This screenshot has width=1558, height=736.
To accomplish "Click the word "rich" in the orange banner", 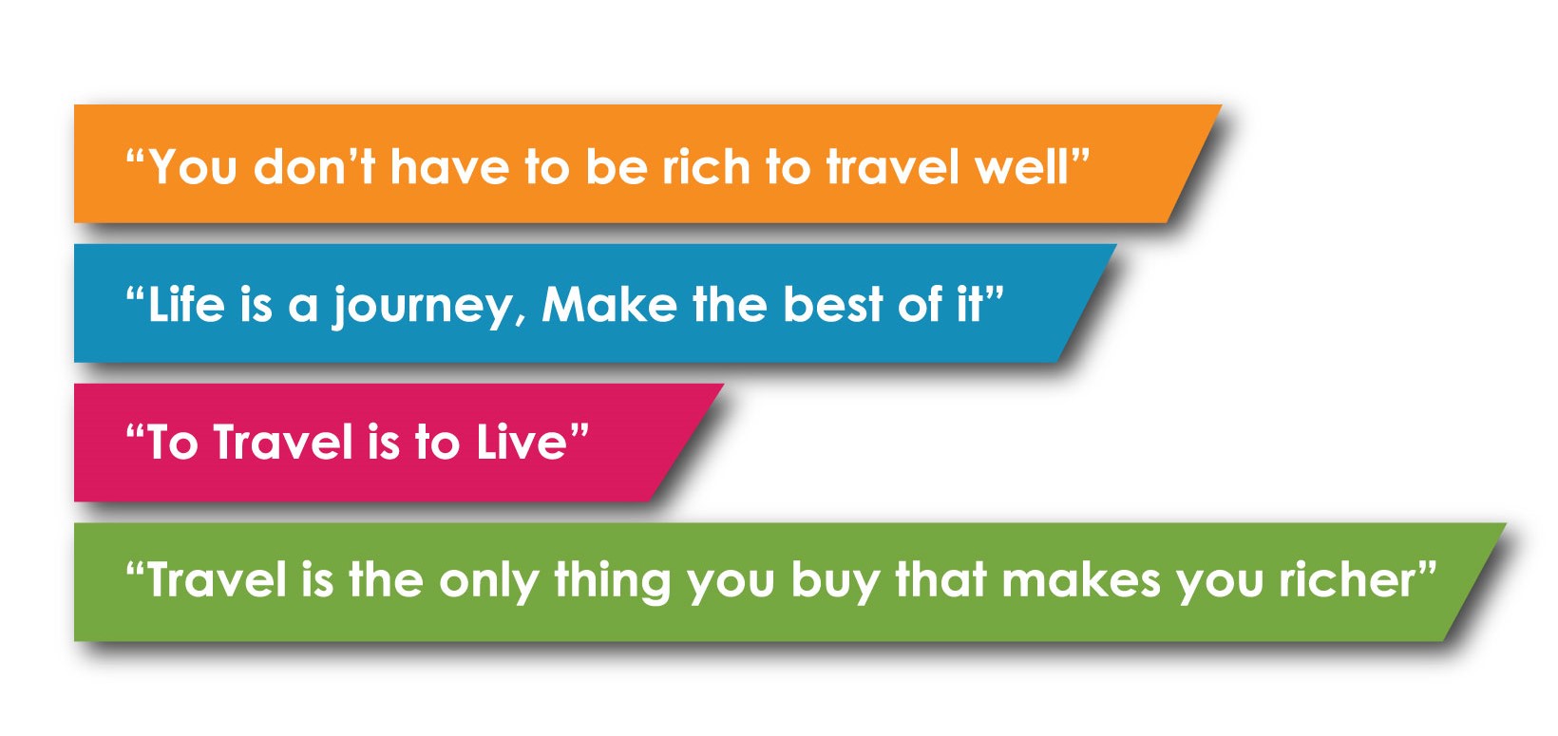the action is click(x=706, y=167).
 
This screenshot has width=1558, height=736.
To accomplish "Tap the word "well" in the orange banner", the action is click(x=1022, y=167).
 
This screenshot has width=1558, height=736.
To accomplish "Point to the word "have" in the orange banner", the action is click(x=449, y=167).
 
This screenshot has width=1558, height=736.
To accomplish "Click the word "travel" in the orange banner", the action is click(x=893, y=167).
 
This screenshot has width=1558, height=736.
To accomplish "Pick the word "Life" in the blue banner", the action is click(x=186, y=304).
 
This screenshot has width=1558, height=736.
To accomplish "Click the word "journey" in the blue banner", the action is click(x=423, y=307).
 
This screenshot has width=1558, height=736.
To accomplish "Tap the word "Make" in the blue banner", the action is click(x=609, y=304).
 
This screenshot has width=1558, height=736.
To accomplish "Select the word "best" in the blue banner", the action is click(x=832, y=304).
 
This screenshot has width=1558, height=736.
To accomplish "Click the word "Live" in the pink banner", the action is click(x=522, y=442).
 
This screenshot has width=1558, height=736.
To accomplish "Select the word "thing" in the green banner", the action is click(x=612, y=582).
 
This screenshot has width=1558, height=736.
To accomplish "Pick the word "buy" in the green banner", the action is click(x=835, y=582).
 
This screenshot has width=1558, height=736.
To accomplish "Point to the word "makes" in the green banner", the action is click(x=1081, y=579).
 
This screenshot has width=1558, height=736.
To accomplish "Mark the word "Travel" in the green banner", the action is click(x=217, y=579).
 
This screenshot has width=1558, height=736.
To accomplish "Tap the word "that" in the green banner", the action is click(x=940, y=579).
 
